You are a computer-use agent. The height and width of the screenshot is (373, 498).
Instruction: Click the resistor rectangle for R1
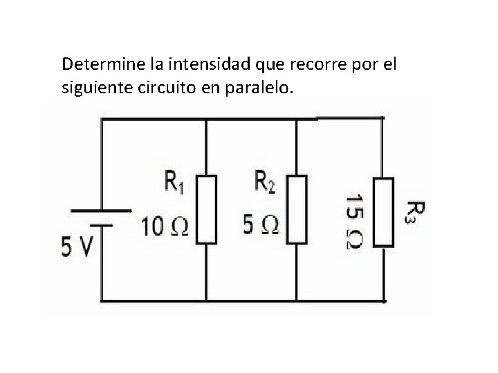click(206, 209)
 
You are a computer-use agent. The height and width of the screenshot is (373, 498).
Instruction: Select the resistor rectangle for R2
click(296, 209)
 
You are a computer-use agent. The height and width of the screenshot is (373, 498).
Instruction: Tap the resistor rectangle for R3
click(384, 212)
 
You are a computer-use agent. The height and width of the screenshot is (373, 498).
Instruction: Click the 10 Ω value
click(165, 226)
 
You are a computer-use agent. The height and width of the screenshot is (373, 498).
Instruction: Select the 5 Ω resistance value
click(261, 226)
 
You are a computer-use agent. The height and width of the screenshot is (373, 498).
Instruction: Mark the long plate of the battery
click(102, 209)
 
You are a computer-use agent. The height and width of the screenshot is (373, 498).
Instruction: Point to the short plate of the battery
click(102, 224)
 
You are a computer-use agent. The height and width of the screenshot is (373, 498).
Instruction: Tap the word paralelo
click(266, 88)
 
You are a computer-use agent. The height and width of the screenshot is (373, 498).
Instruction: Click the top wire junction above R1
click(206, 119)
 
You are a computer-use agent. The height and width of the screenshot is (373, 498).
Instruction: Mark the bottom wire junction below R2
click(296, 301)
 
